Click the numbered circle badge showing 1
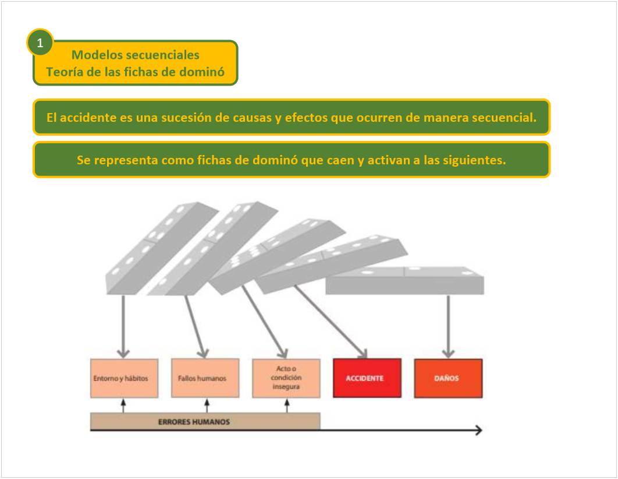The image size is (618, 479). coord(40,43)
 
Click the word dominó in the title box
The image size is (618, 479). coord(201,73)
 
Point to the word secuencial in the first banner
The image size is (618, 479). coord(504,117)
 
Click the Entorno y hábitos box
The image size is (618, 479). coord(123,378)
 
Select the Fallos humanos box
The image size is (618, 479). coord(205,378)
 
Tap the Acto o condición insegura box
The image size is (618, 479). coord(286,378)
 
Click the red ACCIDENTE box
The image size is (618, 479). coord(367,378)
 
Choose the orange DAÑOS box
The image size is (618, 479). coord(447,378)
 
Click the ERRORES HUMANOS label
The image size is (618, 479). coord(194,422)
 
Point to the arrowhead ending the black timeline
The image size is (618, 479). coord(478,431)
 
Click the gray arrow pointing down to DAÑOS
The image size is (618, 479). coord(447,326)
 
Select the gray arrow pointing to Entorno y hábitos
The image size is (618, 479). coord(123,326)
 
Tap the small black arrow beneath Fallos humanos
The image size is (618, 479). coord(207,405)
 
